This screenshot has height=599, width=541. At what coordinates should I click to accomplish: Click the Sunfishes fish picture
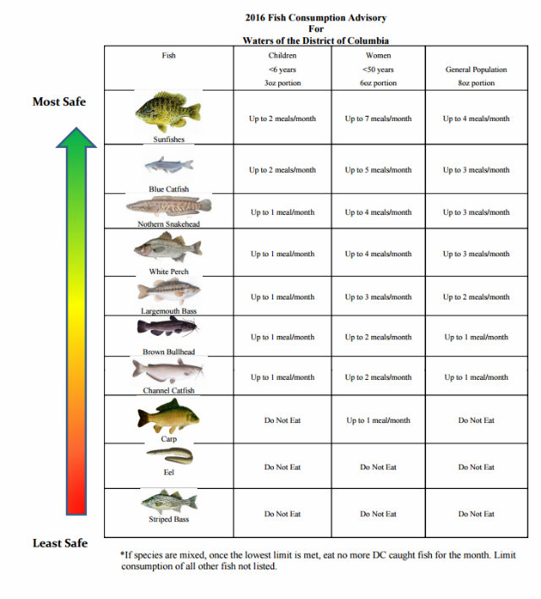tap(167, 111)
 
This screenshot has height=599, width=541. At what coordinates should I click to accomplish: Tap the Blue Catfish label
tap(168, 189)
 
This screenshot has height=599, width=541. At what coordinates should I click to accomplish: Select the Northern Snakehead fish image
tap(168, 206)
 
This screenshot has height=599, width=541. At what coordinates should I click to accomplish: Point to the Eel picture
tap(169, 458)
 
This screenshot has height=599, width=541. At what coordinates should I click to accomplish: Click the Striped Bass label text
tap(168, 519)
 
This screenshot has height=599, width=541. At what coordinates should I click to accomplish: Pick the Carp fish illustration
tap(168, 417)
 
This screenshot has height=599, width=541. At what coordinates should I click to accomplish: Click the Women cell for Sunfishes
tap(378, 118)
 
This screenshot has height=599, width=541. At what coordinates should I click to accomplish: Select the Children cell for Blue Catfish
tap(282, 170)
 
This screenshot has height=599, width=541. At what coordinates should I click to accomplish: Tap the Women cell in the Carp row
tap(378, 420)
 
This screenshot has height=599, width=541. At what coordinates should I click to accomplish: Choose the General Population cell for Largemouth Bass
tap(476, 297)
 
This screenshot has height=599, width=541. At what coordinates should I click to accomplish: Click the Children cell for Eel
tap(282, 467)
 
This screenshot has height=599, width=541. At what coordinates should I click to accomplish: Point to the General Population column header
tap(476, 69)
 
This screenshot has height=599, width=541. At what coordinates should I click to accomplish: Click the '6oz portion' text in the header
tap(378, 83)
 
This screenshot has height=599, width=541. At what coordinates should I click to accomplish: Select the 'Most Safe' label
tap(59, 102)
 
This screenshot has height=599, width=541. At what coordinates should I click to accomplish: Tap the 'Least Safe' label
tap(59, 542)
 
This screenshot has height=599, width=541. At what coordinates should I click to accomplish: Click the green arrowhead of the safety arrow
tap(76, 139)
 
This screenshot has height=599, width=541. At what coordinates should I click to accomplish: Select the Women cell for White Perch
tap(378, 254)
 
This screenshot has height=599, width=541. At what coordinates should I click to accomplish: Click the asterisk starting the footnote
tap(123, 556)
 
